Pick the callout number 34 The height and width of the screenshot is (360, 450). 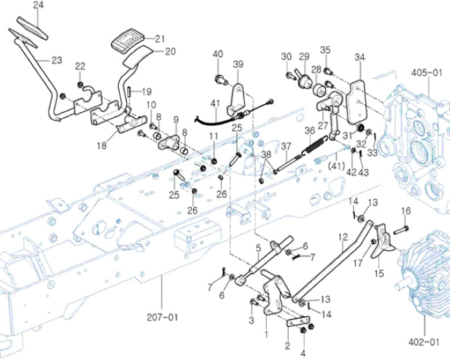point(359,58)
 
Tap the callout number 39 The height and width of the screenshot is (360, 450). point(238,64)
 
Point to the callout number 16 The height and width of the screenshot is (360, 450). point(406,211)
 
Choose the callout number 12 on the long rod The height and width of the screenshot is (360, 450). point(343,238)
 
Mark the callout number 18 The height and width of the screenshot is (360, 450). point(102,146)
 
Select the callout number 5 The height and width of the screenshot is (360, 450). point(258,247)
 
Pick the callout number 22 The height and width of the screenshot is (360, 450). point(80,66)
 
